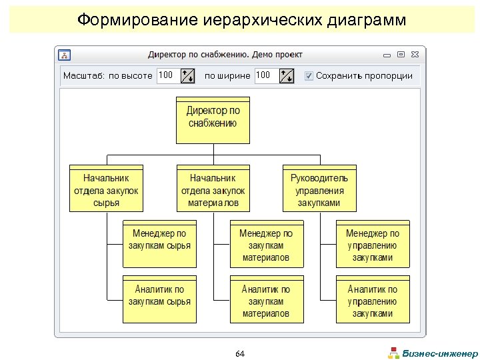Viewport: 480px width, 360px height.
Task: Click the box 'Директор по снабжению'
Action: pos(213,121)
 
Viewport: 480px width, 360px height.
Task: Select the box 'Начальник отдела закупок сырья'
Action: pos(106,189)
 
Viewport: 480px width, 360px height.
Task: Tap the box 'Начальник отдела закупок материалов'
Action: pos(213,189)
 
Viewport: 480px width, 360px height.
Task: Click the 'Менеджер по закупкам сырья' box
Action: pos(159,243)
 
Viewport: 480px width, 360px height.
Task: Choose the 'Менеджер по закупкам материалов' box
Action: pos(265,244)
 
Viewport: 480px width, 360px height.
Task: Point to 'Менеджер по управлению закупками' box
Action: pos(372,244)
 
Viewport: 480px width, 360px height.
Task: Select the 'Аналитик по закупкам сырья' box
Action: pos(159,299)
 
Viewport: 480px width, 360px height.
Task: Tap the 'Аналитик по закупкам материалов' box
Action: pos(265,299)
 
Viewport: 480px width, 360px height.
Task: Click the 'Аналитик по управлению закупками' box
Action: pos(372,299)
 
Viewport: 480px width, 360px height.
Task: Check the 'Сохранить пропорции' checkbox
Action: pos(309,75)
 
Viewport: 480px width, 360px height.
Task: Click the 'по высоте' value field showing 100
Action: pos(167,75)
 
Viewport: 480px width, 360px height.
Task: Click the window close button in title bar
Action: pos(415,54)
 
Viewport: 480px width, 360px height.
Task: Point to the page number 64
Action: pos(240,353)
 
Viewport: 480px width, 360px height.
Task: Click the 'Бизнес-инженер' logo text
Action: pos(440,353)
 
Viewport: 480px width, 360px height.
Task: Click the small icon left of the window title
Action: pos(64,54)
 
